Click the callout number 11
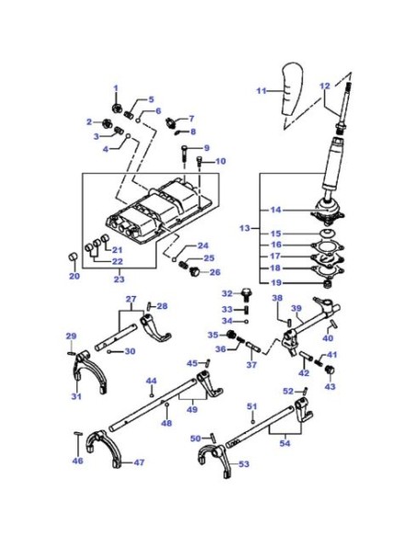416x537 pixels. (x=261, y=91)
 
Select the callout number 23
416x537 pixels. (x=119, y=280)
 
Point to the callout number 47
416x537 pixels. (x=139, y=463)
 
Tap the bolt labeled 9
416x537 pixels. (x=184, y=154)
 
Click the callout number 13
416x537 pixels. (x=245, y=228)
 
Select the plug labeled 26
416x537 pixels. (x=194, y=271)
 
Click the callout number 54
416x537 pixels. (x=284, y=443)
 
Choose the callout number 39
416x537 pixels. (x=296, y=308)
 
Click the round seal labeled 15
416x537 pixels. (x=328, y=234)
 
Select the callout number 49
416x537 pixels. (x=192, y=409)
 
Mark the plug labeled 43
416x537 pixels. (x=329, y=370)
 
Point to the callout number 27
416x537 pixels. (x=131, y=299)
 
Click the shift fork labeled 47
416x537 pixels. (x=103, y=448)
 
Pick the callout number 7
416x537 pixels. (x=191, y=118)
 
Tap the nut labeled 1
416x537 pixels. (x=116, y=108)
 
